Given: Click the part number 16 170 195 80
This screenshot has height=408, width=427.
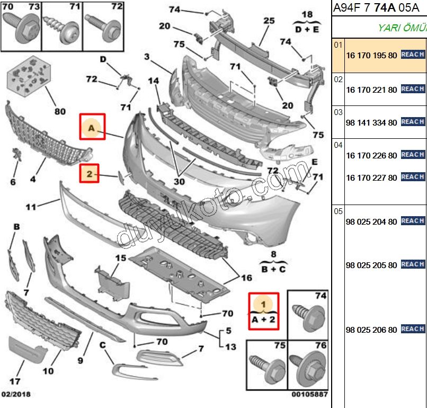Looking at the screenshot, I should pos(371,55).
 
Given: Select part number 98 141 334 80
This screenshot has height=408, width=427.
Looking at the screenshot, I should pos(371,122).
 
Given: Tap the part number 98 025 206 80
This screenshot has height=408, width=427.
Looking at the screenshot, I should pos(371,330).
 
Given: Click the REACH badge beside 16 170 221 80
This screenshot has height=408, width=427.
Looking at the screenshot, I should pos(413,89).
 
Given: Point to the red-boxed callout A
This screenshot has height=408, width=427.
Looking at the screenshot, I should pos(92,127).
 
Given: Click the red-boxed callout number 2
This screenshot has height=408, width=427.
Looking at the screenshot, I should pos(90,173).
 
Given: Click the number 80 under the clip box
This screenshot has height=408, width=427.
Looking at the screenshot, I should pos(60,111).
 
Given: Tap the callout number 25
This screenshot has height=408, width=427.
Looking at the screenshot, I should pos(269,21).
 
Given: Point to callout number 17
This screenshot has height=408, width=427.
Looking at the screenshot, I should pos(15,381).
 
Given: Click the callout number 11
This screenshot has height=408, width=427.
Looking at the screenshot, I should pos(31,206).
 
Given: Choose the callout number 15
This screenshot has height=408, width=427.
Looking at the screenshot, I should pos(120,258).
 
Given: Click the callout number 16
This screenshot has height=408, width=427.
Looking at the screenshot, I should pos(246,277).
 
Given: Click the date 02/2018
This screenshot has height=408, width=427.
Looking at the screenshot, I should pos(15,395).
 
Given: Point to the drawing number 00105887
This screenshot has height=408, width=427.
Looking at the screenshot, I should pos(309,395).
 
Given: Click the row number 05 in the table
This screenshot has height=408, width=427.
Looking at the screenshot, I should pos(339,211).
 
